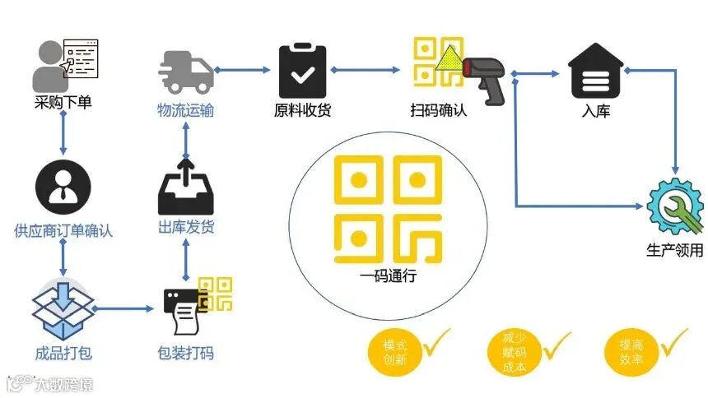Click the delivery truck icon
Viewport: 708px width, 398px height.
[x=185, y=71]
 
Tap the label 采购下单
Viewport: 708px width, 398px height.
[x=63, y=104]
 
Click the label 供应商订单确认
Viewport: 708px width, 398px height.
[x=63, y=231]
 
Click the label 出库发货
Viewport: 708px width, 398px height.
[x=186, y=228]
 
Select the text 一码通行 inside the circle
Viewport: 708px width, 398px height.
[x=388, y=276]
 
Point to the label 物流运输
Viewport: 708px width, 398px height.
[x=186, y=110]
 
